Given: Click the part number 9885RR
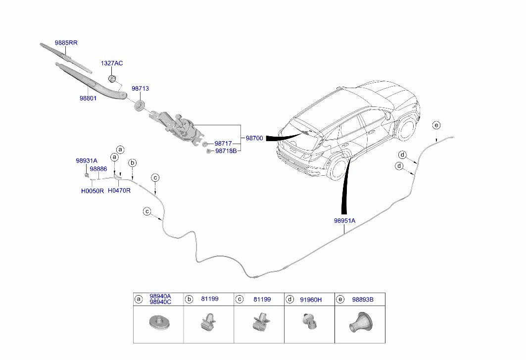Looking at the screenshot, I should tap(66, 43).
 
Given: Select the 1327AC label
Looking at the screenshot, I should tap(112, 63).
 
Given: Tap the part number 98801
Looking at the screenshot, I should tap(88, 98).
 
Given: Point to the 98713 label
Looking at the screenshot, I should tap(140, 89).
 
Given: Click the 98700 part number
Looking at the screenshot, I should tap(254, 138).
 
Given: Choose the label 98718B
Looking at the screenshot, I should tap(225, 151).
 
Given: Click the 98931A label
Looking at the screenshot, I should tap(87, 161).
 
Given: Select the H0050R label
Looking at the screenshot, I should tap(93, 191).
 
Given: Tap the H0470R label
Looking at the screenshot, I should tap(119, 191).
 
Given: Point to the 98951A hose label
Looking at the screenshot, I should tap(344, 221).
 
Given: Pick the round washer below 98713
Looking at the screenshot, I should tap(140, 105).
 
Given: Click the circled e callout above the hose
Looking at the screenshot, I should tap(435, 125).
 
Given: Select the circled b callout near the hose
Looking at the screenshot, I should tap(132, 163).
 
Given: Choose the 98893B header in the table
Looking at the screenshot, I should tap(363, 300).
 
